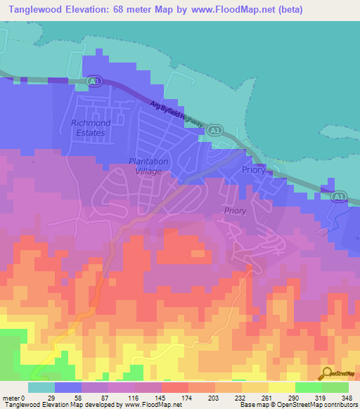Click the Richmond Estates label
point(89,127)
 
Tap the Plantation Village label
point(149,167)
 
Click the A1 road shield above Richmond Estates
point(94,83)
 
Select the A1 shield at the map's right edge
point(340,196)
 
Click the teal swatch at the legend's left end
point(41,387)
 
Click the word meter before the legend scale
point(11,398)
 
